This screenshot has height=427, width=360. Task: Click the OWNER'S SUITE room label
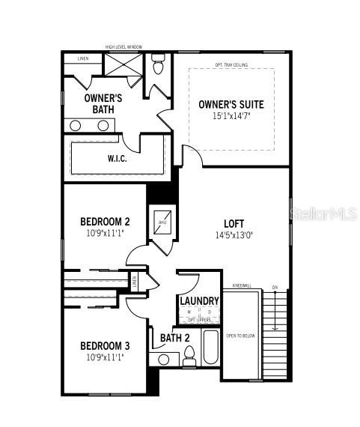coord(231,104)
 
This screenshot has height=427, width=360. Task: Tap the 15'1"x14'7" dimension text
coord(231,116)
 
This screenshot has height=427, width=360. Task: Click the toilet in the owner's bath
coord(158,66)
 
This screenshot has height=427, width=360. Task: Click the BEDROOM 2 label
coord(105,222)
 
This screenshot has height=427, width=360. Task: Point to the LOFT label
coord(234,223)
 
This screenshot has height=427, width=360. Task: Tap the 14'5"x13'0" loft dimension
coord(234,234)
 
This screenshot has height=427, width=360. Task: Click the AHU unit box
coord(162,222)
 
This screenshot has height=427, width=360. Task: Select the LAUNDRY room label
coord(199,301)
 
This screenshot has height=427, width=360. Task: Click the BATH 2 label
coord(175,338)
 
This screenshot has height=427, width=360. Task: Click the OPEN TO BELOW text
coord(240,336)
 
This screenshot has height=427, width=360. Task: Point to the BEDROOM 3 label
coord(105,345)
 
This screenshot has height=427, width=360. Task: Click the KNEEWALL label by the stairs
coord(242,285)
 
